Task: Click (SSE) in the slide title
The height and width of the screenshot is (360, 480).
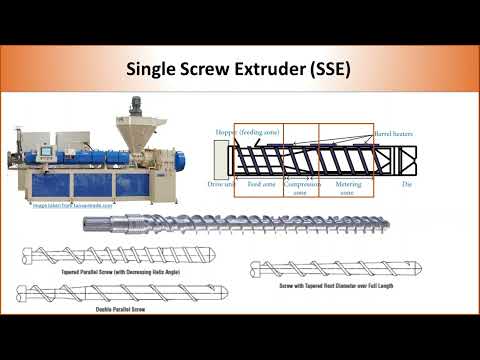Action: (325, 69)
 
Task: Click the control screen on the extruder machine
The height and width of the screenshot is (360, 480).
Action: (45, 153)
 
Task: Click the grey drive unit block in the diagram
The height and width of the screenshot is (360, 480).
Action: (221, 159)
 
